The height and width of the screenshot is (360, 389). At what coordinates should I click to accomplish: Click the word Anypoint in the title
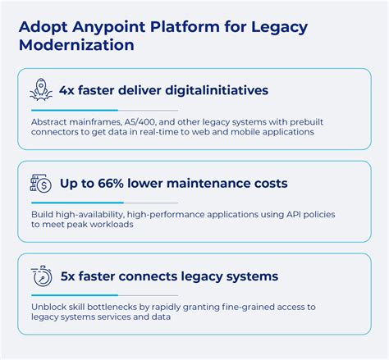point(103,27)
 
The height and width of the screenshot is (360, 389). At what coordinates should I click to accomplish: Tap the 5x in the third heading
point(70,276)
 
